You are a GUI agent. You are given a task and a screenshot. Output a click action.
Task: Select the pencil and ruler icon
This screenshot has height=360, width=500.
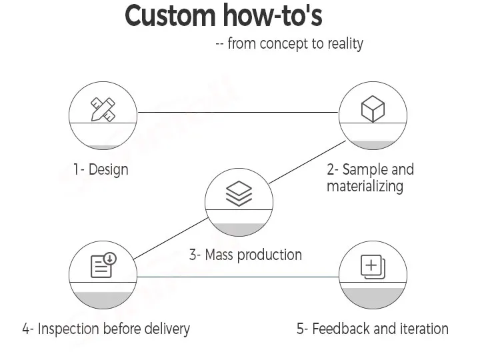click(x=103, y=109)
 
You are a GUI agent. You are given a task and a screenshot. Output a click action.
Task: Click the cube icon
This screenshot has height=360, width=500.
click(x=373, y=109)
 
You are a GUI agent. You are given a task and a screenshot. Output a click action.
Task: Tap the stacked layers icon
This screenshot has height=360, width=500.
click(x=239, y=193)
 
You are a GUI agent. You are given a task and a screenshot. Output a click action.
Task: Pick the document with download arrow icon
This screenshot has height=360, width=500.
click(x=103, y=265)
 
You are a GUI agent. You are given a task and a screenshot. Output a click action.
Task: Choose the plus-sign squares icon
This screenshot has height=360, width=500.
click(x=373, y=266)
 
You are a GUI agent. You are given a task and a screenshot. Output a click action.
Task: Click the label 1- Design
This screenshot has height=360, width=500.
click(x=101, y=169)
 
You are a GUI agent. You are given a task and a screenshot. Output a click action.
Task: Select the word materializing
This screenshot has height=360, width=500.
click(x=365, y=186)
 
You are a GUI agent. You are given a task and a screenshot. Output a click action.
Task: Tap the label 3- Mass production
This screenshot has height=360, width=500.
click(x=245, y=255)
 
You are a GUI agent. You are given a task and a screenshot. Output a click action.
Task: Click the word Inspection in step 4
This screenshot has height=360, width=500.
click(x=68, y=329)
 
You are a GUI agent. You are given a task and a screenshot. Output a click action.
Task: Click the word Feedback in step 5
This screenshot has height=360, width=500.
click(x=341, y=329)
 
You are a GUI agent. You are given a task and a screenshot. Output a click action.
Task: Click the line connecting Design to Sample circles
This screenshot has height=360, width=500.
click(x=238, y=113)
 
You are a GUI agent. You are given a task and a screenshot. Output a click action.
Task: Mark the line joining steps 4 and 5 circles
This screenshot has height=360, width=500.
click(x=238, y=277)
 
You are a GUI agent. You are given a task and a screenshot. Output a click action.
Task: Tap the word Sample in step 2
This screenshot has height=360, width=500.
click(x=365, y=169)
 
